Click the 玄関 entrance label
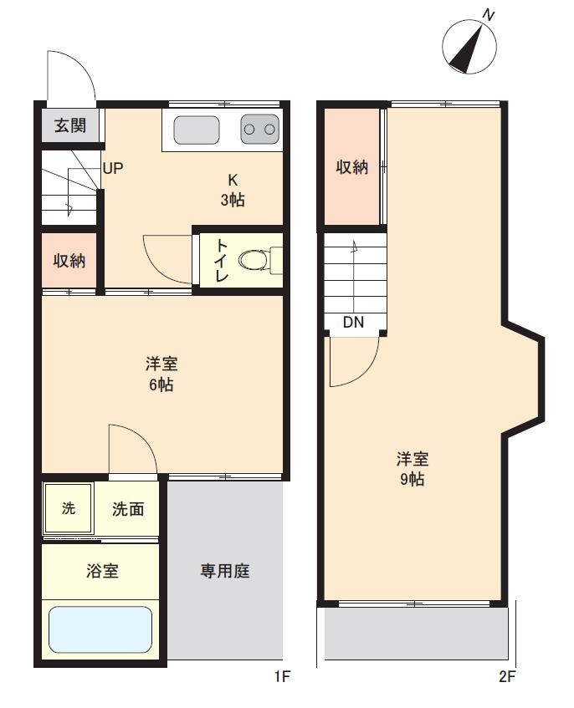click(70, 125)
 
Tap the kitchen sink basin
click(197, 130)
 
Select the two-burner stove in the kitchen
click(259, 129)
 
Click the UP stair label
click(112, 168)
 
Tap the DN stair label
click(353, 322)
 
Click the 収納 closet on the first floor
click(69, 260)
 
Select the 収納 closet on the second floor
click(352, 166)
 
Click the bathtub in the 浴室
click(100, 629)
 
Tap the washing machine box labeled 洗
click(69, 508)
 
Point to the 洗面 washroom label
click(128, 509)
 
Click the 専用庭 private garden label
click(224, 571)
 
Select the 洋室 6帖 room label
click(161, 374)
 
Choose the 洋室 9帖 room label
click(413, 469)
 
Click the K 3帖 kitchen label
click(233, 190)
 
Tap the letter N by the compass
click(488, 15)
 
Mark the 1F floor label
click(282, 676)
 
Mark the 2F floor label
click(507, 676)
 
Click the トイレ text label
click(222, 260)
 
